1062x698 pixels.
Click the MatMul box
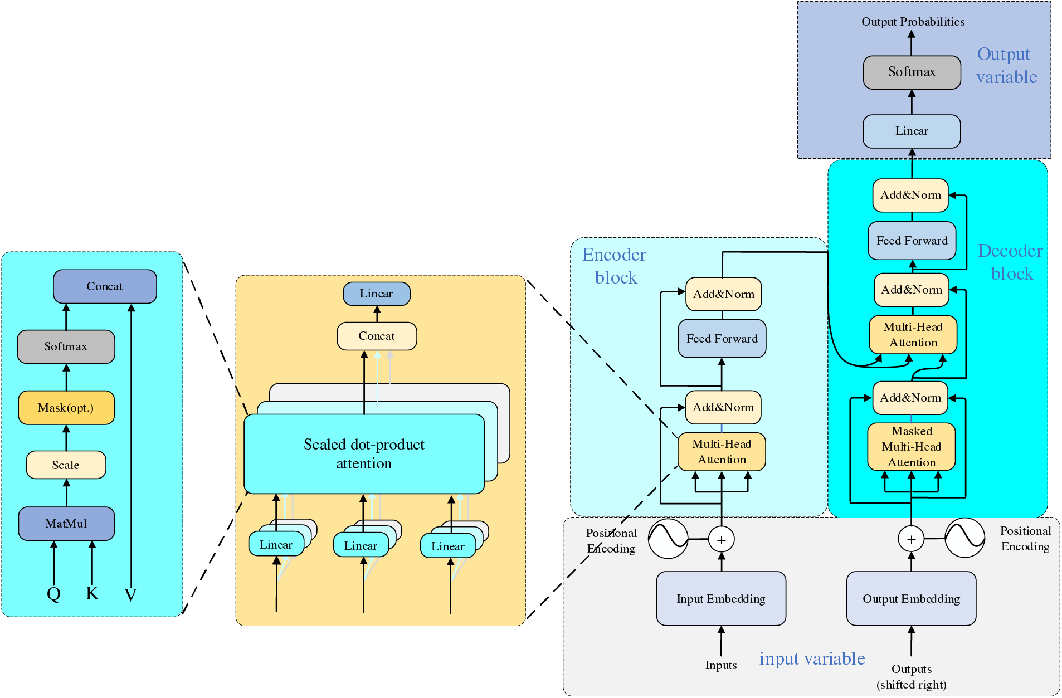click(x=66, y=524)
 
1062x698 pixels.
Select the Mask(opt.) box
click(x=66, y=408)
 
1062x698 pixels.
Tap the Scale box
click(x=66, y=465)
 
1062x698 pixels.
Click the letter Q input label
click(x=54, y=594)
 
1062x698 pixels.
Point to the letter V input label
click(x=130, y=595)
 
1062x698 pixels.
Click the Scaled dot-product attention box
click(x=364, y=453)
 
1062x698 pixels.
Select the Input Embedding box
click(x=721, y=599)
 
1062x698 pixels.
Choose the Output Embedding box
click(x=911, y=599)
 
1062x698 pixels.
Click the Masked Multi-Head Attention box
click(x=912, y=447)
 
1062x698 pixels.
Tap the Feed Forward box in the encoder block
click(x=722, y=339)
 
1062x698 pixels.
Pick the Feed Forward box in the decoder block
click(x=912, y=241)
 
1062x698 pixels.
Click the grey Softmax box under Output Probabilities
click(x=912, y=72)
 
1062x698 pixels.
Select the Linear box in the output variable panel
click(x=912, y=131)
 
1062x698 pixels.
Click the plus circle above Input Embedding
click(x=722, y=540)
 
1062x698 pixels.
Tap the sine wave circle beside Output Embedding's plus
click(x=965, y=538)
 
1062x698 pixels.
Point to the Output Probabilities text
click(x=913, y=22)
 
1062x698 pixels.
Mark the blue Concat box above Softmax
click(x=105, y=286)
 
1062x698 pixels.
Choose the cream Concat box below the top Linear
click(x=377, y=336)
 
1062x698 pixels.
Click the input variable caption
click(x=812, y=658)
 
